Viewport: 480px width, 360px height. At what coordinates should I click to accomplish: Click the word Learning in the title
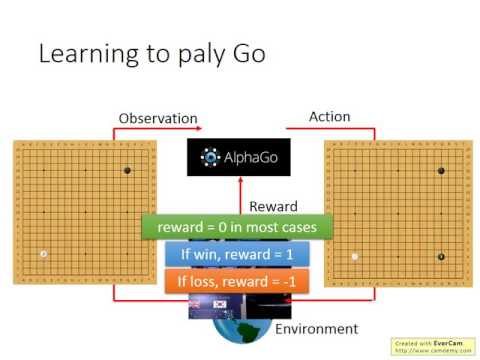point(81,54)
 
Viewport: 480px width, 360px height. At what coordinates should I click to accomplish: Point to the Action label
point(330,116)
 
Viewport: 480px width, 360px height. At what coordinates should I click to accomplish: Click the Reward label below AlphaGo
point(273,206)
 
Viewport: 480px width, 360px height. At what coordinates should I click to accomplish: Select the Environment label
point(317,328)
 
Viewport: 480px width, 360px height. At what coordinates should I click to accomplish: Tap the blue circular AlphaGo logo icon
point(210,157)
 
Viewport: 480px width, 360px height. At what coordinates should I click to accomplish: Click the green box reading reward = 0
point(236,227)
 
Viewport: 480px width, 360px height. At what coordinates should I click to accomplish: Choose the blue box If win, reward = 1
point(236,255)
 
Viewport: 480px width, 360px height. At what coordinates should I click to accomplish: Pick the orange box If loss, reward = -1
point(236,282)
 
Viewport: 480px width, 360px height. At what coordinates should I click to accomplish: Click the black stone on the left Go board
point(127,170)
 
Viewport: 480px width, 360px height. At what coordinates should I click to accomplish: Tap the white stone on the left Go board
point(43,254)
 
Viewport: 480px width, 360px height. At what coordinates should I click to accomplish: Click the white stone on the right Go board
point(355,257)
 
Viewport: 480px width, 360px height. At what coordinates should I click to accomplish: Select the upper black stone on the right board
point(440,172)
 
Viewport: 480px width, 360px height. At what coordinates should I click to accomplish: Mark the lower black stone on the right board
point(440,257)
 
